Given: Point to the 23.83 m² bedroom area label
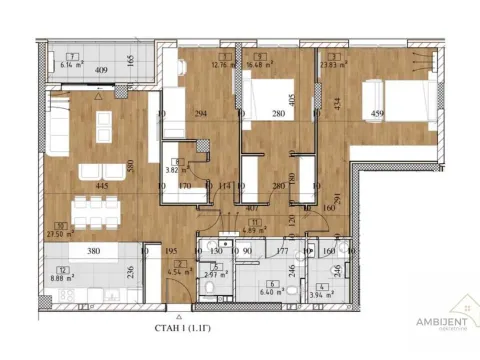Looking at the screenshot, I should pos(333,63).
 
